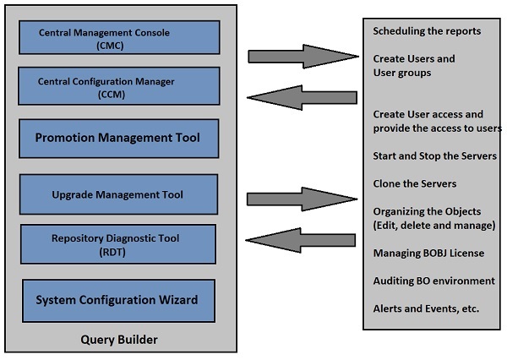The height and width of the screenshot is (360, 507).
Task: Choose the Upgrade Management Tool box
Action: [117, 195]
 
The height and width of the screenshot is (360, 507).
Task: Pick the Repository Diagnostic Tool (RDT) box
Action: [117, 244]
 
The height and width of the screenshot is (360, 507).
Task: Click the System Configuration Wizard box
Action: [117, 299]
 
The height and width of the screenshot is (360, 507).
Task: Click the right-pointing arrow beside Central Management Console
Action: [300, 57]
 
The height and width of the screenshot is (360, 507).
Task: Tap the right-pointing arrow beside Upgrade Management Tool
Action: [300, 199]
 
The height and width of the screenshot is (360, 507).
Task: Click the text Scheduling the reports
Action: [427, 31]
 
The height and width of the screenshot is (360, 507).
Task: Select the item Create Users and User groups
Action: [414, 66]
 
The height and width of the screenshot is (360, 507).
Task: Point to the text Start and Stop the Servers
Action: [434, 156]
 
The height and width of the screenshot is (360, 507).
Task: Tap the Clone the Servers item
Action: [414, 183]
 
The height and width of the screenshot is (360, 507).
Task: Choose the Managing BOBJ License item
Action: [426, 253]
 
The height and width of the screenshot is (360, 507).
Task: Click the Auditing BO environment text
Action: [433, 281]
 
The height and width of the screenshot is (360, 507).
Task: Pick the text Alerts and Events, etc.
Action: [426, 308]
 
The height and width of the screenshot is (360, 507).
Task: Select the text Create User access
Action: [426, 114]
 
